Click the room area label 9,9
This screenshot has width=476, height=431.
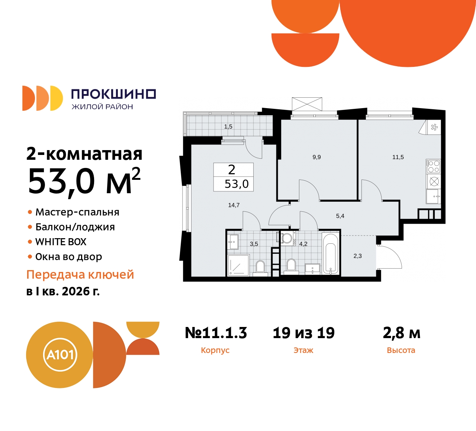pos(316,157)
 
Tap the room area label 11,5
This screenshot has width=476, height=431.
pos(398,157)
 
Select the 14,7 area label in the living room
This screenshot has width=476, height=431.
pos(234,205)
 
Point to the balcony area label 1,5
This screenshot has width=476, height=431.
pos(228,127)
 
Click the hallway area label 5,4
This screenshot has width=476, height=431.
pos(340,216)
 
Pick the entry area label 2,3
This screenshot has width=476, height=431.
pos(357,256)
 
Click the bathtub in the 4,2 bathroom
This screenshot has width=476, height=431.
pos(331,254)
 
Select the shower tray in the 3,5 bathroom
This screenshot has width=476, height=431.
pos(238,265)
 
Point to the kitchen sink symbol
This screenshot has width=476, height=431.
pos(433,196)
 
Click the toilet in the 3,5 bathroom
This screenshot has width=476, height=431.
pos(260,266)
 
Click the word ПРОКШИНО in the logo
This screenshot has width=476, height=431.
pos(113,94)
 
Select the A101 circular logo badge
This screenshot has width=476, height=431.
pos(60,355)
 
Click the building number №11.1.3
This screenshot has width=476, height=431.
pos(216,333)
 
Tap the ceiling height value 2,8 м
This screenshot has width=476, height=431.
pos(402,333)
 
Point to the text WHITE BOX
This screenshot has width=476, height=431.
pos(61,242)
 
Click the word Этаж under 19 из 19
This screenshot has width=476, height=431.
pos(303,350)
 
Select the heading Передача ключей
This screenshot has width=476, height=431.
pos(80,275)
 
